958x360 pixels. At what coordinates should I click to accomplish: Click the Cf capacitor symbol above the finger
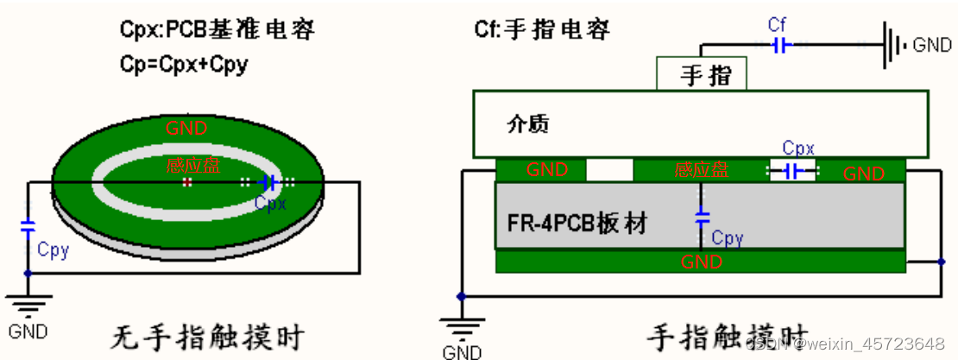pos(778,46)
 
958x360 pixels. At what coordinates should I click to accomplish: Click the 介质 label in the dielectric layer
pos(527,124)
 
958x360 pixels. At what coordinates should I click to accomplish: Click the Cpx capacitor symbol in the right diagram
pos(792,171)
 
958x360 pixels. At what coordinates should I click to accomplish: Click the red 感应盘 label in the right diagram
pos(701,171)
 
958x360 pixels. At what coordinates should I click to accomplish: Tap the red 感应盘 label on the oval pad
pos(187,165)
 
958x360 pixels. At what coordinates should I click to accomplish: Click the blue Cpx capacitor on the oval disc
pos(268,182)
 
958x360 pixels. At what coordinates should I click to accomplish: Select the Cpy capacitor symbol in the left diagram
pos(28,228)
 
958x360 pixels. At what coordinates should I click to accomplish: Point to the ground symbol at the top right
pos(892,45)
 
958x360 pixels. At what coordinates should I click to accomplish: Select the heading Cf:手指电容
pos(542,30)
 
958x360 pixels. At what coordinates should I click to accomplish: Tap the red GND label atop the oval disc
pos(187,129)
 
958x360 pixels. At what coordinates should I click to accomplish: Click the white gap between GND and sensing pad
pos(609,170)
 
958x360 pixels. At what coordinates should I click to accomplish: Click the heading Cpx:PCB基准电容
pos(217,30)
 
